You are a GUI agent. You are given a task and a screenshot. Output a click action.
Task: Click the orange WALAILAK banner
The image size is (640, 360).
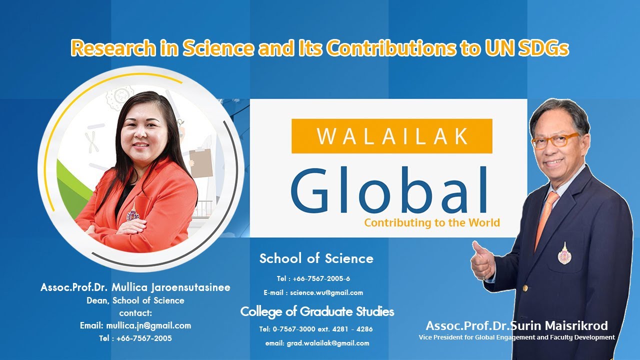pyautogui.click(x=391, y=136)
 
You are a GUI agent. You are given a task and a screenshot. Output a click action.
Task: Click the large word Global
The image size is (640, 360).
pyautogui.click(x=388, y=189)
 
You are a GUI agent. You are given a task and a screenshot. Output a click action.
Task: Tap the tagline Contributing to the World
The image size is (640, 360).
pyautogui.click(x=432, y=222)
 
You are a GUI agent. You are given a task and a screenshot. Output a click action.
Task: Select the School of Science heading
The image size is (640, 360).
pyautogui.click(x=316, y=258)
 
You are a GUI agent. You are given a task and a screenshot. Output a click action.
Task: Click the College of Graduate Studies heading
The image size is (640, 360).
pyautogui.click(x=317, y=312)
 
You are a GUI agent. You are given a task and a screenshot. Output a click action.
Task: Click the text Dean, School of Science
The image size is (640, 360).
pyautogui.click(x=135, y=300)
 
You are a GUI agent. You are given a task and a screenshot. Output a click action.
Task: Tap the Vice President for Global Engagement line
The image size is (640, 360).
pyautogui.click(x=516, y=337)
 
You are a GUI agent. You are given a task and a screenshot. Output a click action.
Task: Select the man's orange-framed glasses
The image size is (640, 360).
pyautogui.click(x=554, y=140)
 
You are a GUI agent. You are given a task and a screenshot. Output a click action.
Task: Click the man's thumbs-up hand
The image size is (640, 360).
pyautogui.click(x=482, y=260)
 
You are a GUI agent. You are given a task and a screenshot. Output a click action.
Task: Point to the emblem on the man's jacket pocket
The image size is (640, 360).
pyautogui.click(x=563, y=253)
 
